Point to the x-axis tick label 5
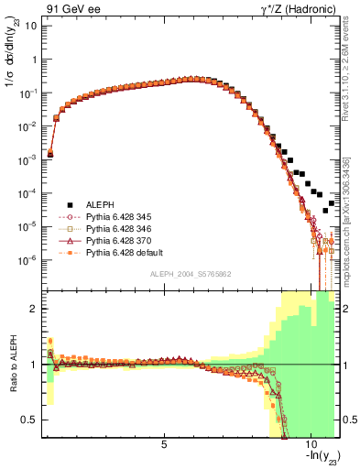164,446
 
